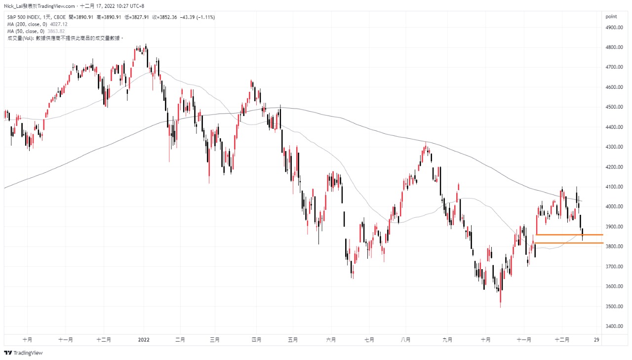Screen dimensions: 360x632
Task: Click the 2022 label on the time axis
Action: (x=144, y=340)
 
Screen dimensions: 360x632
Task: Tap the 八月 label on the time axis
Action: (x=406, y=340)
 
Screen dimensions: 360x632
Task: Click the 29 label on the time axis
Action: (x=597, y=340)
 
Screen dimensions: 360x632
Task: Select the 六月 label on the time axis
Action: (x=331, y=340)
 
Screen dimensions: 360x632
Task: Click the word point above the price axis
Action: (x=611, y=17)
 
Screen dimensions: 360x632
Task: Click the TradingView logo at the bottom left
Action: (x=23, y=353)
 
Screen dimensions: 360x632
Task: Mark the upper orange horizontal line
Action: (x=568, y=235)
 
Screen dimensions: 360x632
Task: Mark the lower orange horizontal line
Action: (x=568, y=243)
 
